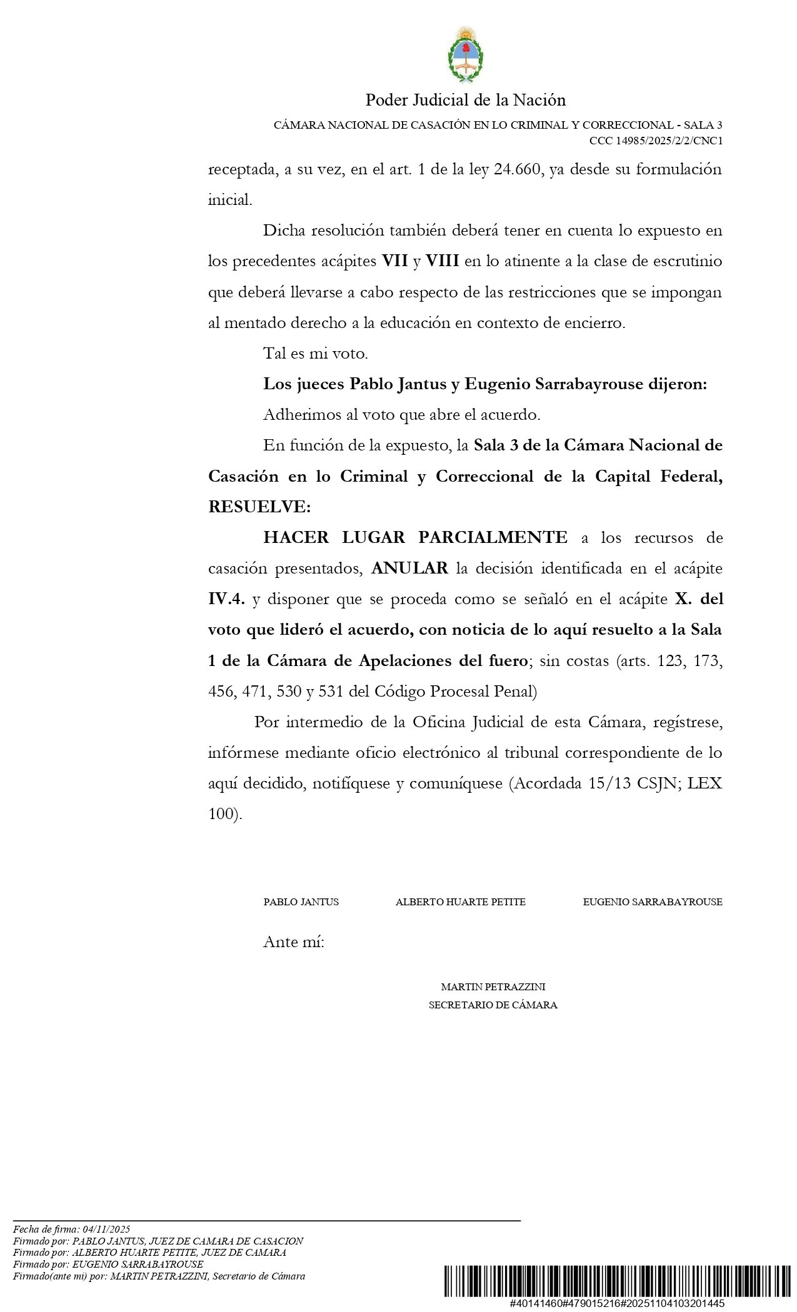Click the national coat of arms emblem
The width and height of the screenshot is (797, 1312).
pyautogui.click(x=466, y=55)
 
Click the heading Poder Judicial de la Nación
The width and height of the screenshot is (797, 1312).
pyautogui.click(x=466, y=100)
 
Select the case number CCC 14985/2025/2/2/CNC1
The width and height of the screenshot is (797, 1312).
pyautogui.click(x=656, y=141)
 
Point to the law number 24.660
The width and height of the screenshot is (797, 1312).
pyautogui.click(x=516, y=169)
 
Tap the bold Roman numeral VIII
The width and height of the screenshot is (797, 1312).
pyautogui.click(x=443, y=261)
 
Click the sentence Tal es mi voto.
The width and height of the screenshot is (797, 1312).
pyautogui.click(x=316, y=354)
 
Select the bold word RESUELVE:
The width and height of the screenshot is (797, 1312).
pyautogui.click(x=259, y=507)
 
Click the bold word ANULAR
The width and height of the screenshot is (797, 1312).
pyautogui.click(x=409, y=569)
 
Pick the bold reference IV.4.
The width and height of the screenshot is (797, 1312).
pyautogui.click(x=226, y=599)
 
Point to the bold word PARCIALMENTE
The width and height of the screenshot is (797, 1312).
pyautogui.click(x=493, y=537)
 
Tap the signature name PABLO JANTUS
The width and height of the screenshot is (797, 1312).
pyautogui.click(x=301, y=902)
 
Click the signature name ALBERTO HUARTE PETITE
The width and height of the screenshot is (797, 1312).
pyautogui.click(x=460, y=902)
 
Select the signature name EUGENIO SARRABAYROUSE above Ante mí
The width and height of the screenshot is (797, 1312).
pyautogui.click(x=652, y=902)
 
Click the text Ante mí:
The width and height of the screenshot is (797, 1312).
pyautogui.click(x=294, y=942)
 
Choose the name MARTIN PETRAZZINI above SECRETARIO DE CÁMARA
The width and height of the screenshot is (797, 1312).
pyautogui.click(x=493, y=987)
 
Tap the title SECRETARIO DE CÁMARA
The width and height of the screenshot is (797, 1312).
pyautogui.click(x=493, y=1005)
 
